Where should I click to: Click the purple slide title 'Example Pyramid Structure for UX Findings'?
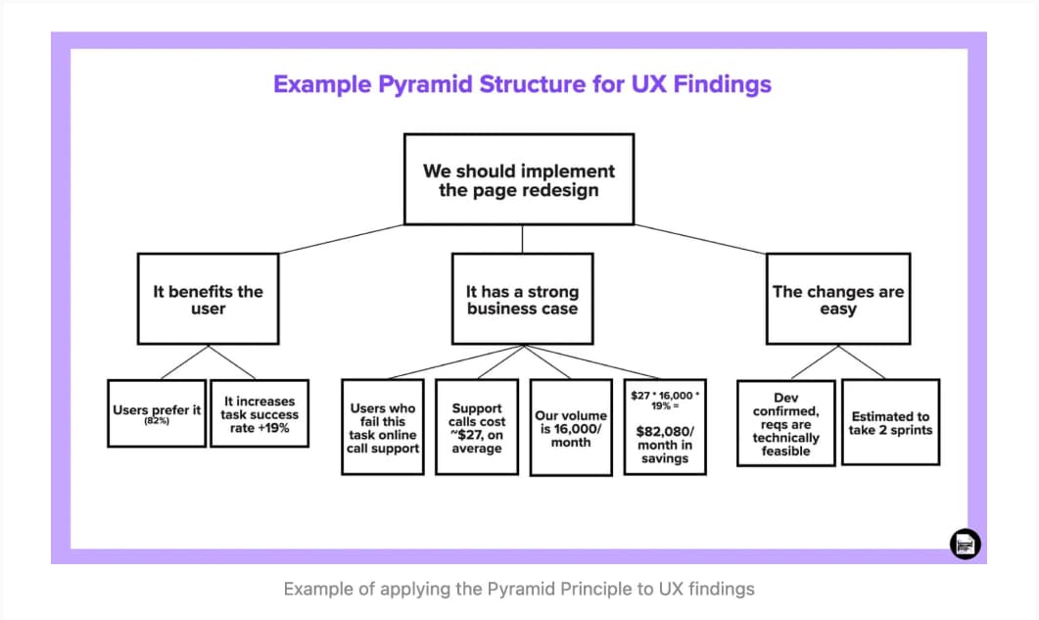(522, 84)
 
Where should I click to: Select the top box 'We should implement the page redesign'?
(519, 180)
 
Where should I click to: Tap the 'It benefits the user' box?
(208, 300)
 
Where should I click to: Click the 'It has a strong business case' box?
(522, 300)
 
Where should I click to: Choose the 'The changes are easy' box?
(837, 300)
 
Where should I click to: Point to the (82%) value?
(157, 421)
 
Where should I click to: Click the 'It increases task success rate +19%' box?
(260, 414)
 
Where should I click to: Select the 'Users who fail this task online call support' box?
(382, 428)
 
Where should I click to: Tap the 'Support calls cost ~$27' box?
(477, 428)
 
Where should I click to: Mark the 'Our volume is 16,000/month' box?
(571, 428)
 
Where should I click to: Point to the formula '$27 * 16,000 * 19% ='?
(665, 400)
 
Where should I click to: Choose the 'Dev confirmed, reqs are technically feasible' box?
(785, 424)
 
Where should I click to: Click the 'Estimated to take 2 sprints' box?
(890, 423)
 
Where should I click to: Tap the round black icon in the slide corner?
(965, 544)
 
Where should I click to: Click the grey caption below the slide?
(519, 589)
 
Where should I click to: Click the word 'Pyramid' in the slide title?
(431, 84)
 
